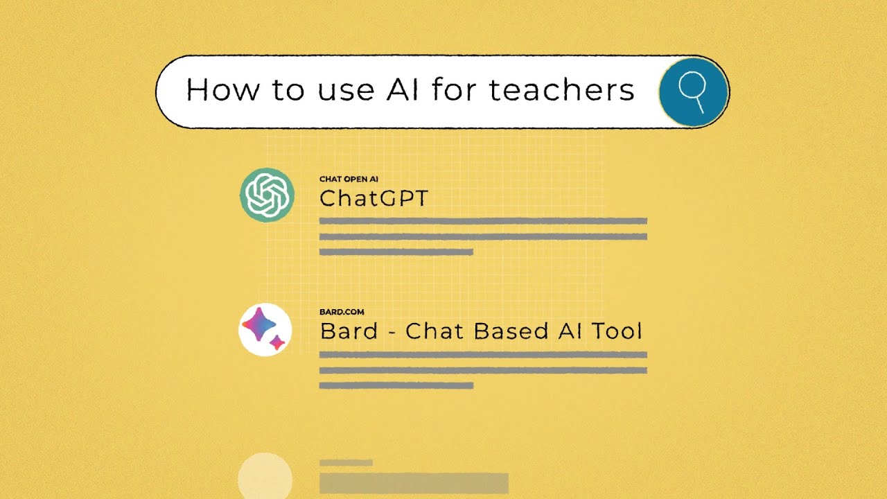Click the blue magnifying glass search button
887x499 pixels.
(692, 92)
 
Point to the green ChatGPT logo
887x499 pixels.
(267, 195)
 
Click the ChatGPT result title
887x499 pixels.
(374, 199)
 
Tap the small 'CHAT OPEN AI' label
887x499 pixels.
(349, 180)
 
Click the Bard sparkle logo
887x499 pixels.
(265, 329)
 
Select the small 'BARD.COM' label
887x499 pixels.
(342, 313)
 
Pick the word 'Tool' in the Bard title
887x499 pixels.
(615, 331)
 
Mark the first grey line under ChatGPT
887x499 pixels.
(483, 221)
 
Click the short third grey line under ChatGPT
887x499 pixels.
(396, 252)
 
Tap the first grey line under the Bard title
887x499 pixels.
(483, 355)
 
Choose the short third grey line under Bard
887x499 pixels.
(396, 385)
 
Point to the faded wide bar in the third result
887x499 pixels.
(414, 483)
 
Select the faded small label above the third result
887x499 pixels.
(346, 462)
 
